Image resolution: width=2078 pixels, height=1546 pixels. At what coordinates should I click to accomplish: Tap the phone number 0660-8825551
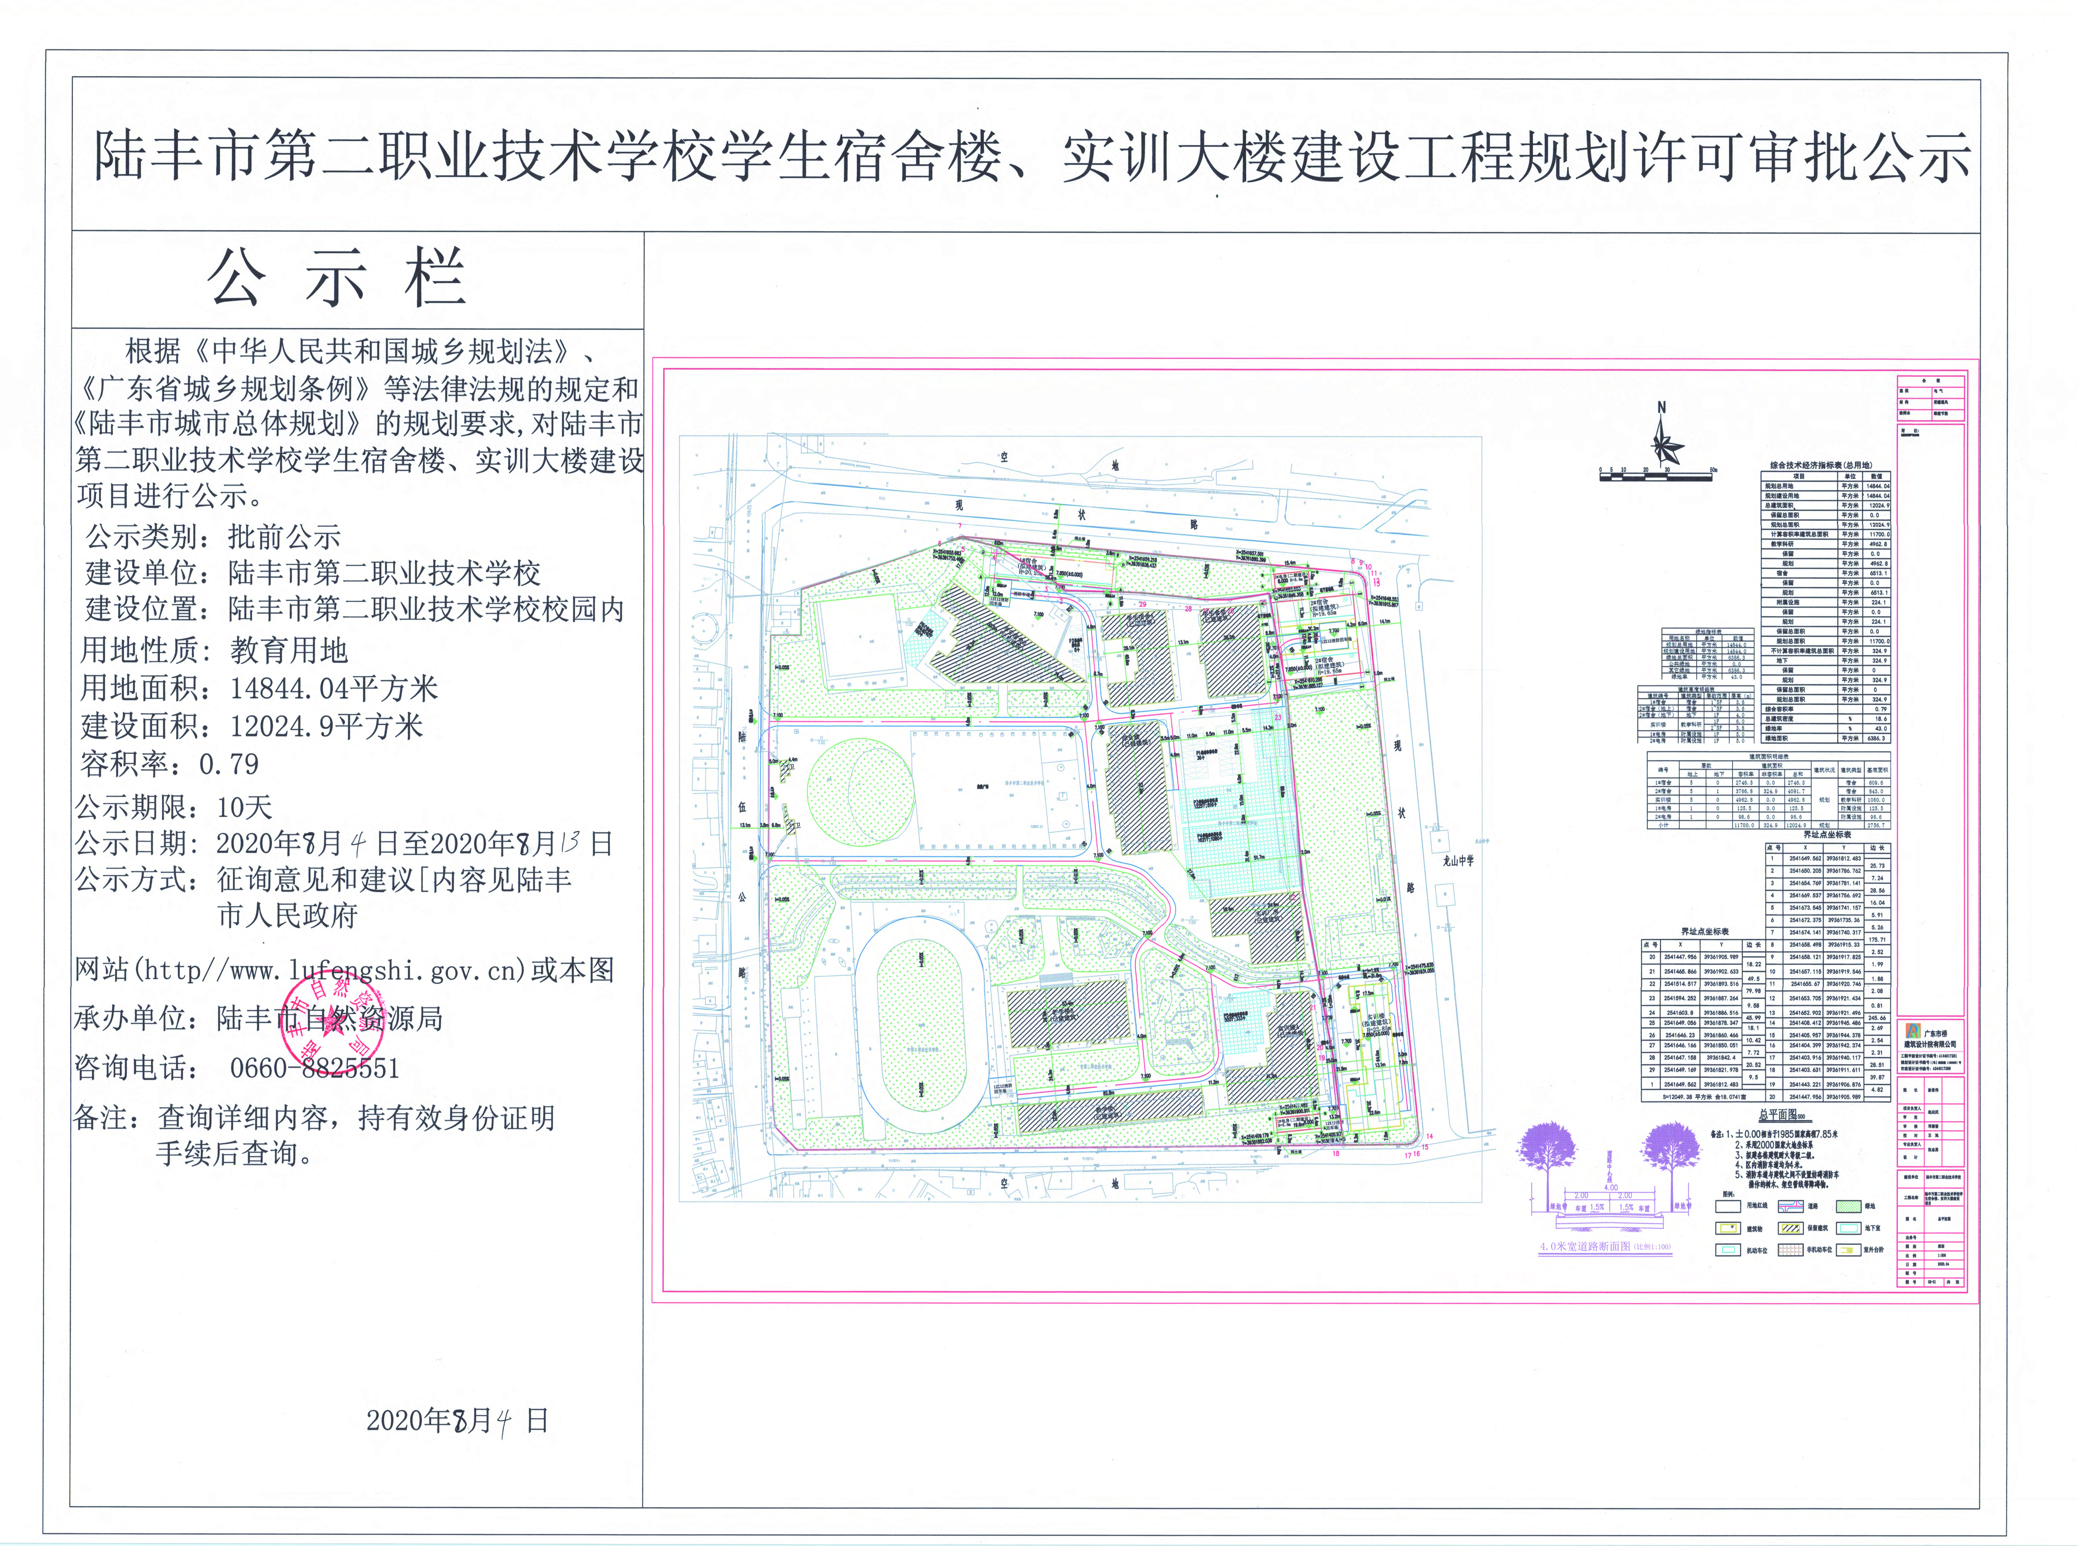coord(315,1068)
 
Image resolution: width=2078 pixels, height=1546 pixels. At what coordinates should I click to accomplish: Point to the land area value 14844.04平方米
coord(334,689)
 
